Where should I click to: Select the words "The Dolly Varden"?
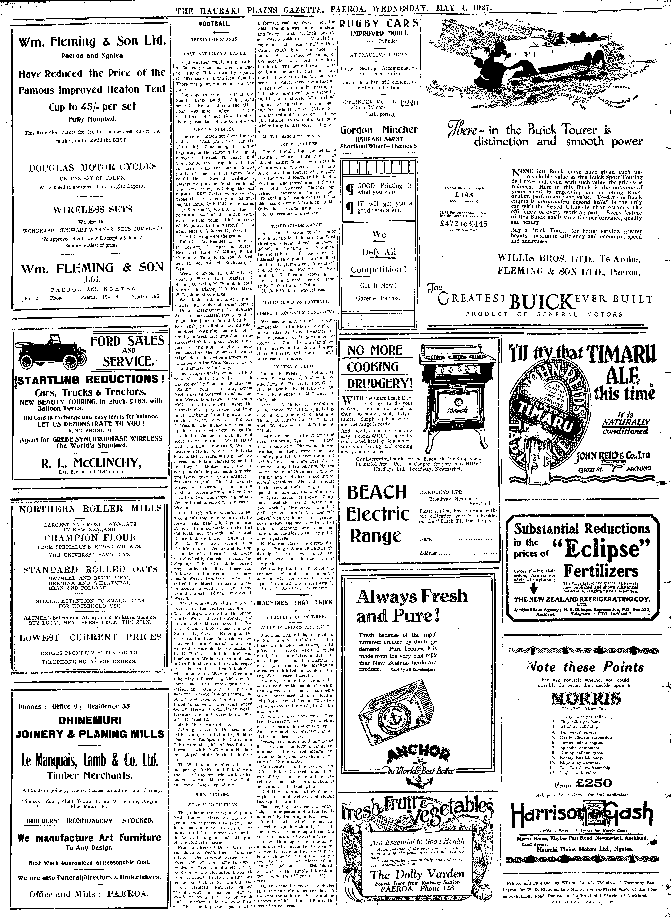click(x=417, y=874)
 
